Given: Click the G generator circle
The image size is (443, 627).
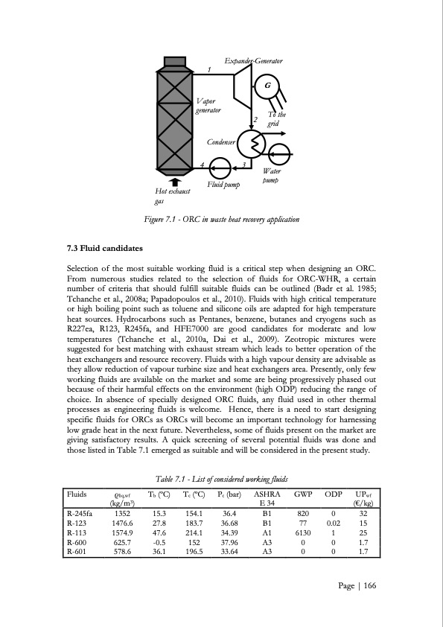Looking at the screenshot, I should (x=265, y=86).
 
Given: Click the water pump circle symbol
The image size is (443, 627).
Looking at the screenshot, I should (x=281, y=156).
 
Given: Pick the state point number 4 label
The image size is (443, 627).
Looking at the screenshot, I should (x=203, y=164).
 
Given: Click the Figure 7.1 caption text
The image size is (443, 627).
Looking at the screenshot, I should (x=222, y=220).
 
